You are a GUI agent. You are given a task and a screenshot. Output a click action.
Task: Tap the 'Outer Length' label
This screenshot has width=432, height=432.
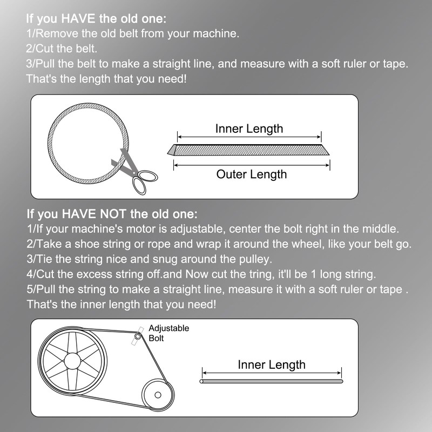coord(252,174)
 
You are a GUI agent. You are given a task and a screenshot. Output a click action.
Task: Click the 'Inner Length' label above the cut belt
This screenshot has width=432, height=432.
coord(249,129)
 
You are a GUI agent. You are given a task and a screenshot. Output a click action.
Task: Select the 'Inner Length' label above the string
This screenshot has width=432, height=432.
coord(272,365)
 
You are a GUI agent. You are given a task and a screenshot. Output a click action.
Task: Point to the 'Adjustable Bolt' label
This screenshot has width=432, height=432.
coord(168,333)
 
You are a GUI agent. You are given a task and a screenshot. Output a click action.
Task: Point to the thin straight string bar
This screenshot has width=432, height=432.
coord(272,382)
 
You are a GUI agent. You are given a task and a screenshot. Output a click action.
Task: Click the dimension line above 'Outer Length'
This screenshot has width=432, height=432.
coord(252,165)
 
